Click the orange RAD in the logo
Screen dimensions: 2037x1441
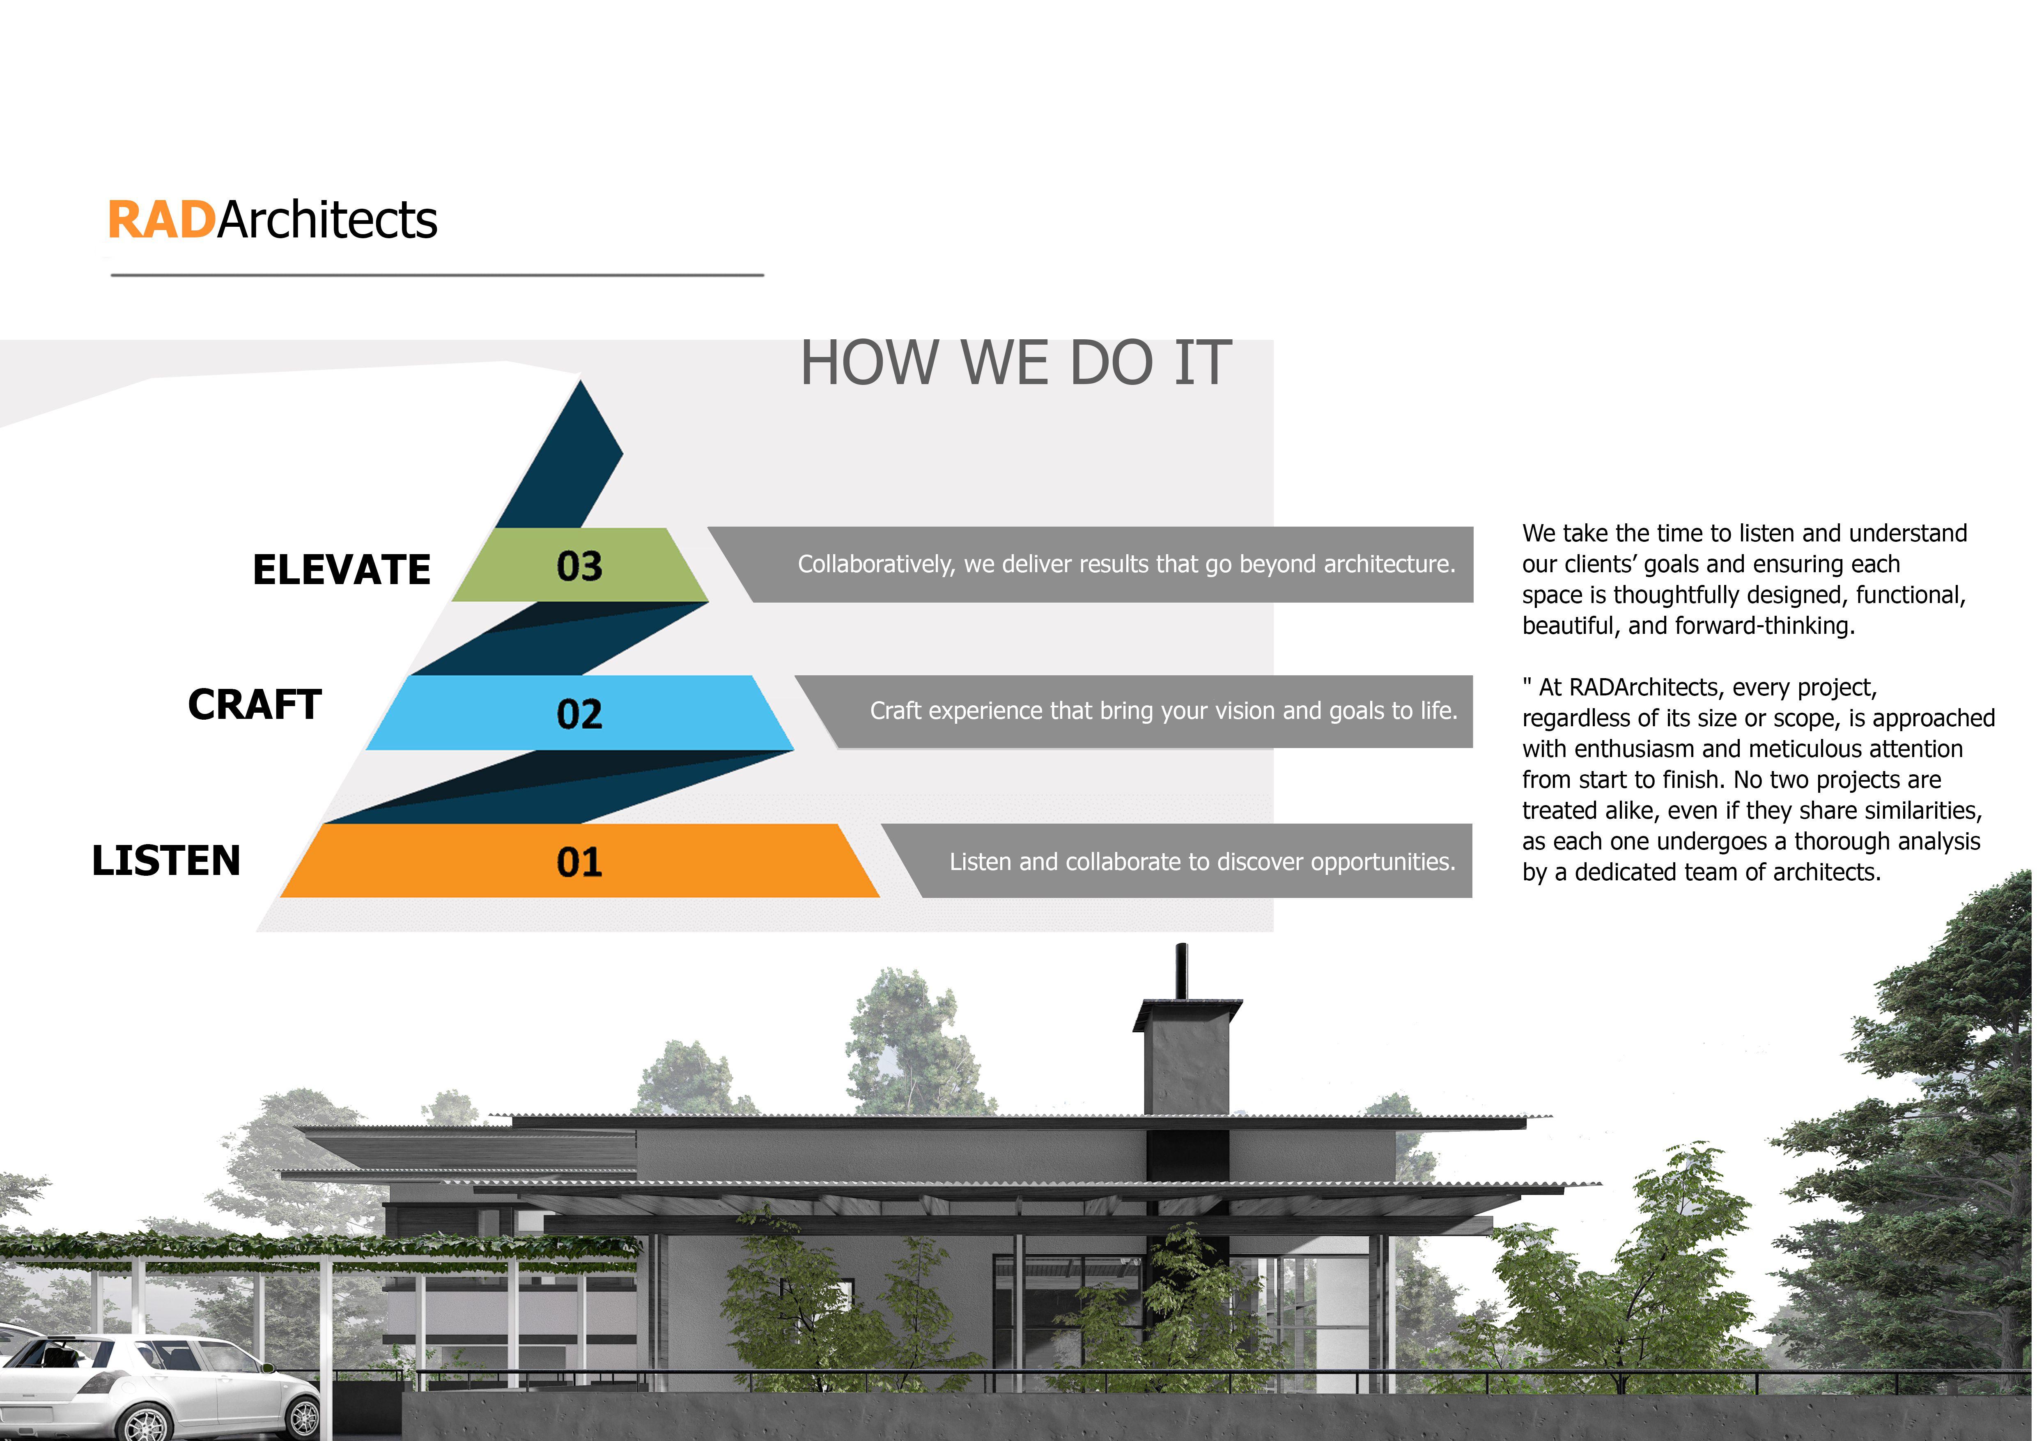point(161,220)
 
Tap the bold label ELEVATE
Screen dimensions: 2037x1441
point(342,570)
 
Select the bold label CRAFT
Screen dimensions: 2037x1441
point(255,704)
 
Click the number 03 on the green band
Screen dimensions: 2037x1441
point(579,566)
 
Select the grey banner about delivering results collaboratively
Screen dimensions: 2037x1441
point(1091,564)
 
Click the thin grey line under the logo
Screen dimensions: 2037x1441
point(437,275)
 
